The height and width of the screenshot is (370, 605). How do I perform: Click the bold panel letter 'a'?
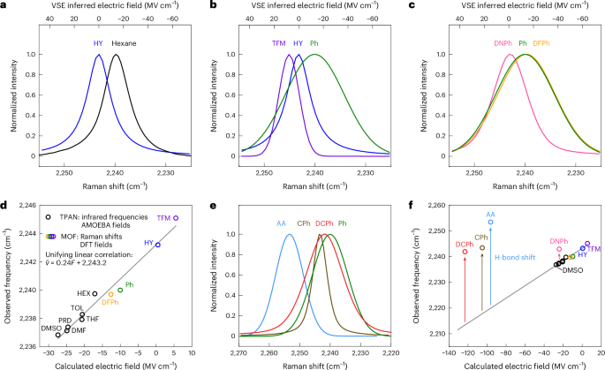coord(4,6)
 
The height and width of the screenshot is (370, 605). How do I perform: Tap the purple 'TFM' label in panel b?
coord(279,42)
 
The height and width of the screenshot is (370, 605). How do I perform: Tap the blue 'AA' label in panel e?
coord(281,223)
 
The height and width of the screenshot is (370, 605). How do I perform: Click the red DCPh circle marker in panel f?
coord(465,253)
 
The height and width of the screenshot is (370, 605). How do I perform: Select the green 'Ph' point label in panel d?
coord(129,284)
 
